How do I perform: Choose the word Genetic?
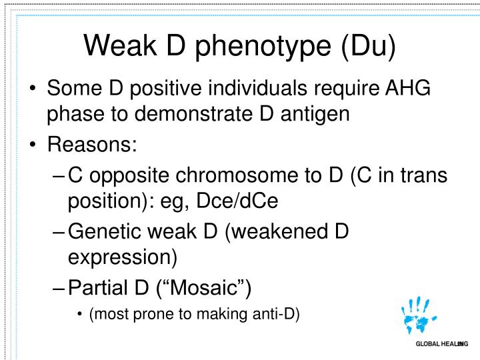click(107, 231)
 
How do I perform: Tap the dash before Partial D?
click(59, 288)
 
